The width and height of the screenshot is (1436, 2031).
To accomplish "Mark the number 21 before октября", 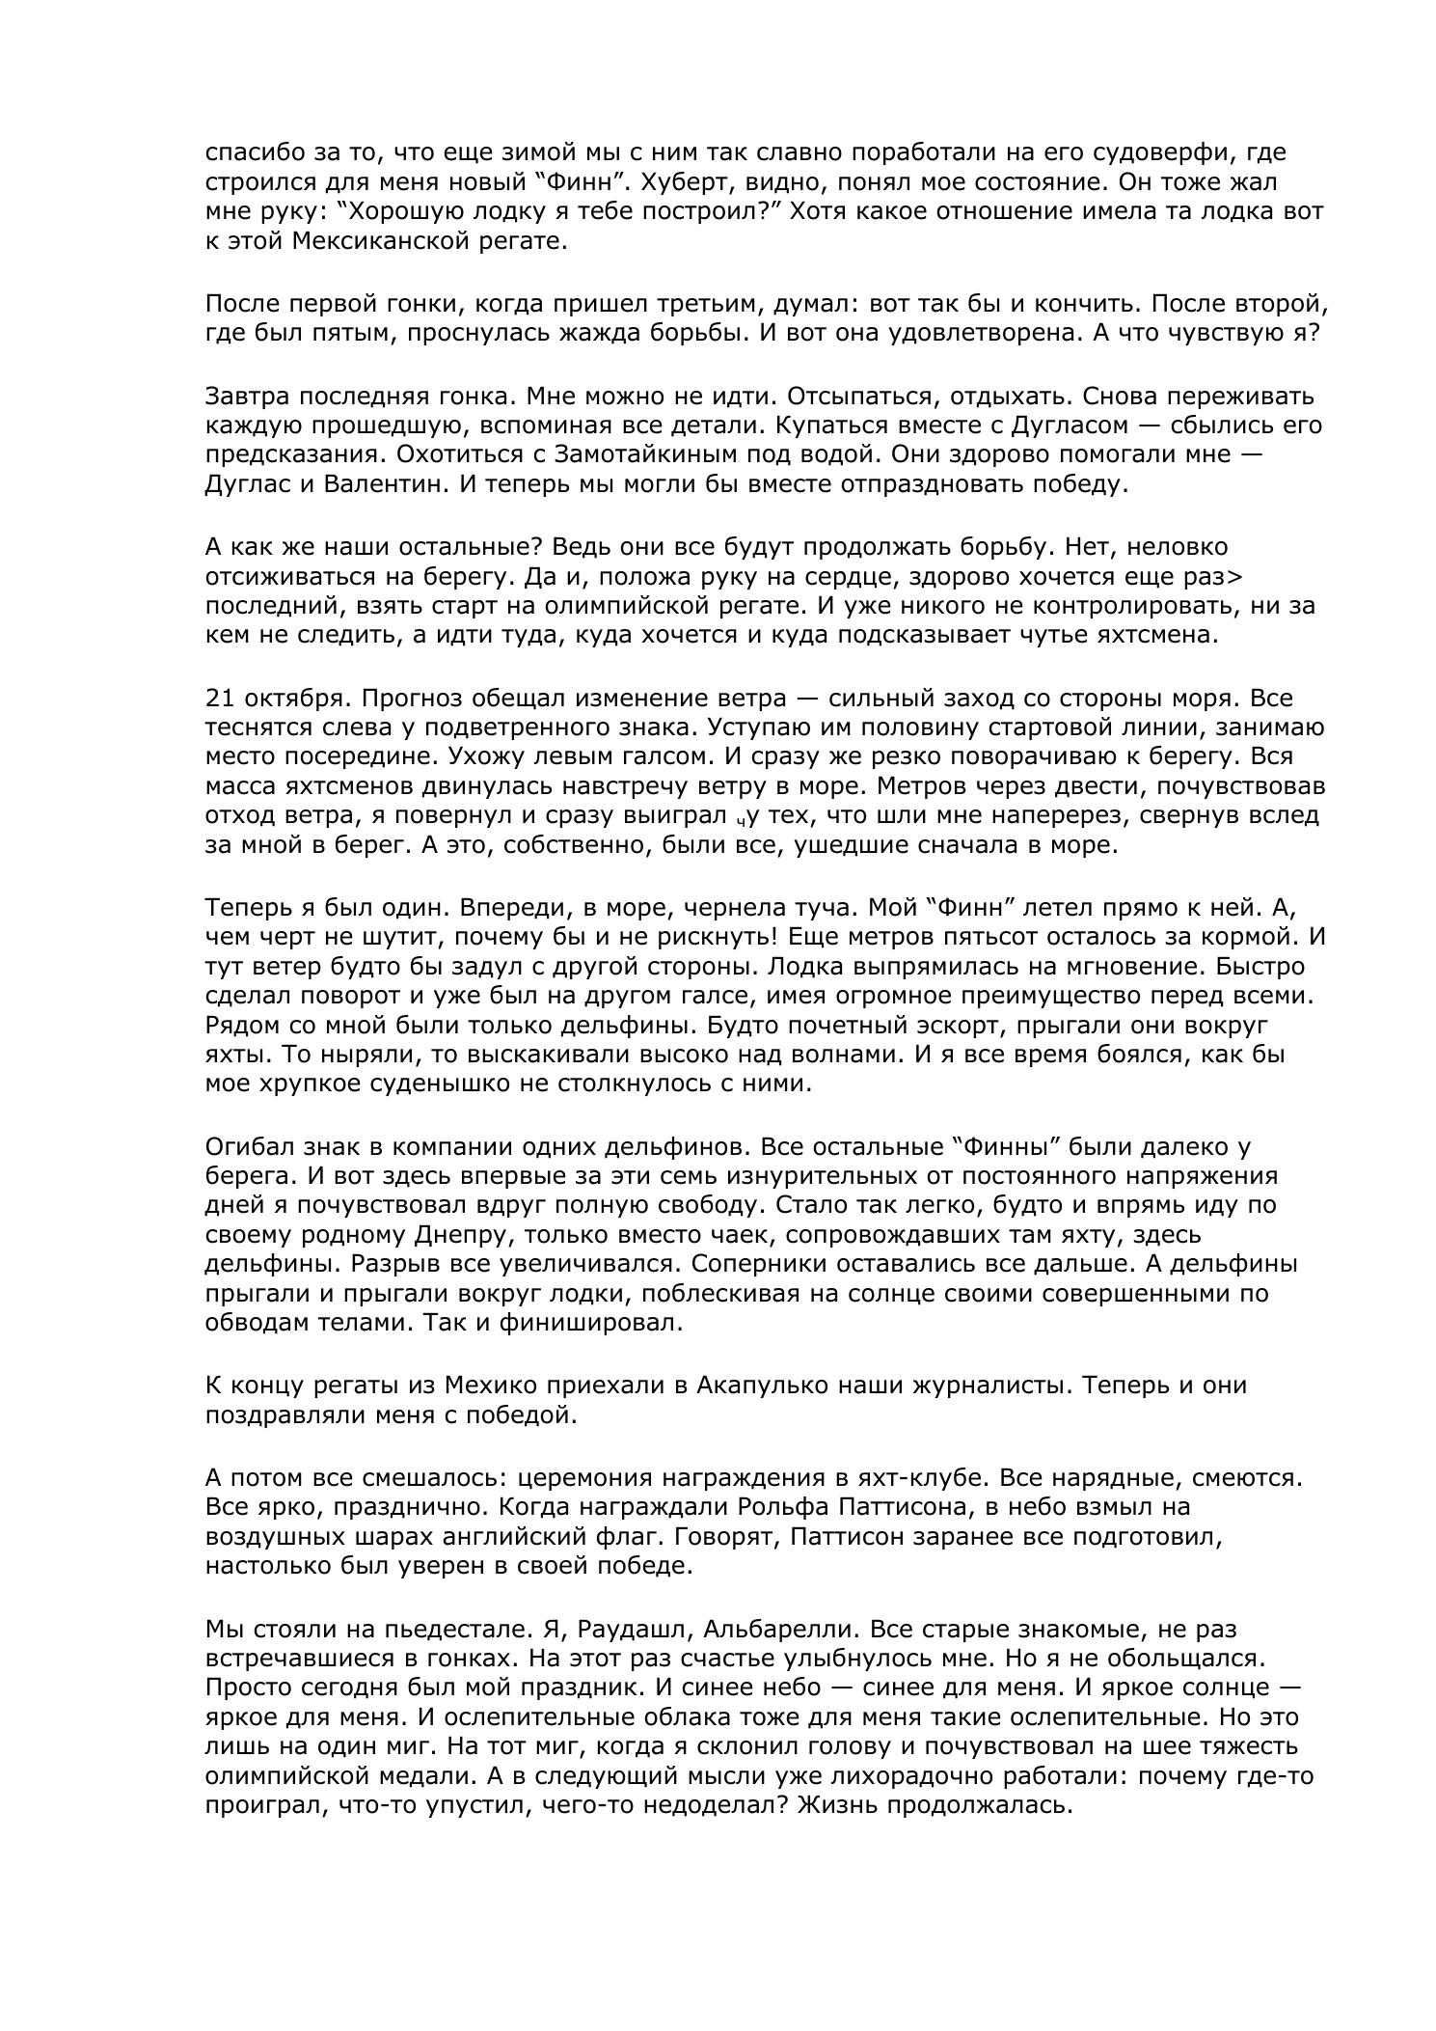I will click(220, 698).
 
